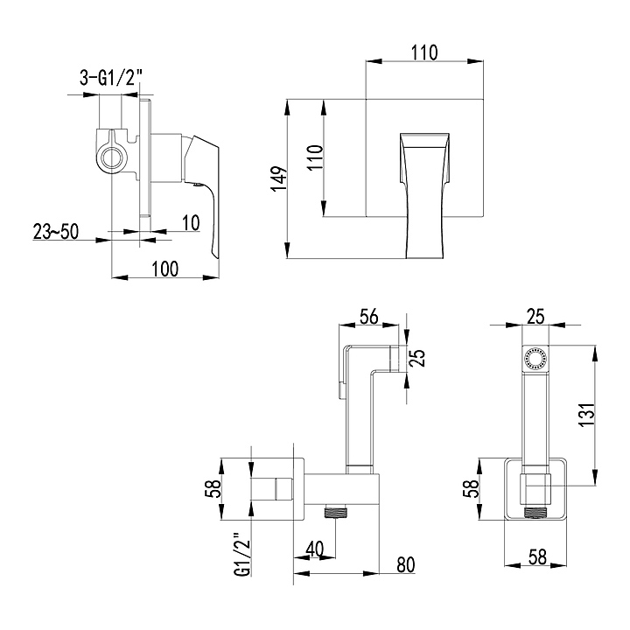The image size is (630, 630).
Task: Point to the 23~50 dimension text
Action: coord(56,231)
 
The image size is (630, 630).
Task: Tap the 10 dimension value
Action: coord(191,223)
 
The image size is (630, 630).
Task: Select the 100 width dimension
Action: coord(165,269)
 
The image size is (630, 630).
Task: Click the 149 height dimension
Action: coord(280,178)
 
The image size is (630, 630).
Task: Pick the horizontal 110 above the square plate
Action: coord(424,52)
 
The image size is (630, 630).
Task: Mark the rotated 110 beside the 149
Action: coord(315,157)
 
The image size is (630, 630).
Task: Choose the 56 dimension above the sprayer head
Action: coord(369,316)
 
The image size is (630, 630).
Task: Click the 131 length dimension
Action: coord(586,415)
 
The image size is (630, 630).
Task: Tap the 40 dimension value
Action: coord(315,549)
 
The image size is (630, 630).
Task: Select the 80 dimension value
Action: coord(405,565)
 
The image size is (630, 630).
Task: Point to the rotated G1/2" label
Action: coord(243,556)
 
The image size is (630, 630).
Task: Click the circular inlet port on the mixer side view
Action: coord(112,156)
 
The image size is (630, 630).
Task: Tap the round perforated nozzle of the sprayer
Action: coord(535,358)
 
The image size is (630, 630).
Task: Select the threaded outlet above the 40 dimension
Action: coord(336,512)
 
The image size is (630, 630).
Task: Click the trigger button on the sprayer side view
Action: coord(340,390)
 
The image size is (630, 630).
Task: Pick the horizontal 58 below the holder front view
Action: coord(537,557)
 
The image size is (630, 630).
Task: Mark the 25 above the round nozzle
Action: coord(535,317)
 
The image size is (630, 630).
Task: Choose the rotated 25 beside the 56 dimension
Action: coord(418,358)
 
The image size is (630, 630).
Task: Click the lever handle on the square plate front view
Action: coord(424,195)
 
